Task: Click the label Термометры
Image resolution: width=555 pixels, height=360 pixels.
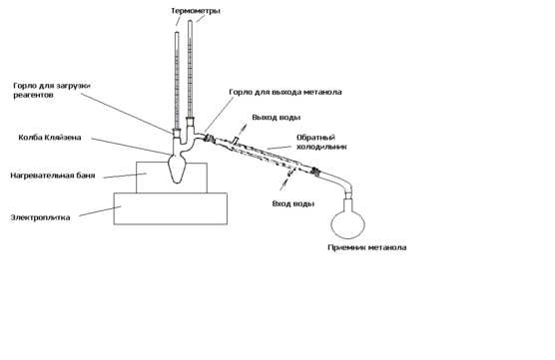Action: [196, 11]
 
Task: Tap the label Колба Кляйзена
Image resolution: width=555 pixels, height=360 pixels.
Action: [50, 138]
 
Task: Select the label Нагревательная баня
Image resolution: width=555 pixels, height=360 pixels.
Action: [53, 176]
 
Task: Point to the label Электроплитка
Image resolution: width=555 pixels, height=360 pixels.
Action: [40, 217]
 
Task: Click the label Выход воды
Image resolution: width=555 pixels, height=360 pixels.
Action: [277, 118]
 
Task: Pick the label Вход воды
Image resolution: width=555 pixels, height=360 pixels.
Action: [293, 204]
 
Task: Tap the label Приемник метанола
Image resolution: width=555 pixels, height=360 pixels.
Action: [367, 247]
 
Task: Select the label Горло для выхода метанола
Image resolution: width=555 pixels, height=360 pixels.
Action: [285, 92]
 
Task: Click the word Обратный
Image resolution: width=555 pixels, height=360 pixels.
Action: [315, 138]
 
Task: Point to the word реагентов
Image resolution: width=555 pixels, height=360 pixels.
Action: [33, 95]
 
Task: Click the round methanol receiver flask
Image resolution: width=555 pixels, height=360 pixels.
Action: [348, 221]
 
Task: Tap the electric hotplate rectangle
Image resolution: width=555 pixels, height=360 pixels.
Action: [171, 208]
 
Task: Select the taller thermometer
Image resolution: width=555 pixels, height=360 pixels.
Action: [190, 71]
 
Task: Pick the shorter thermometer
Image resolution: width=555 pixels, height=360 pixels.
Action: [177, 82]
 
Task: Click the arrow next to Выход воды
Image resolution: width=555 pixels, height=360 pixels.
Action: [243, 130]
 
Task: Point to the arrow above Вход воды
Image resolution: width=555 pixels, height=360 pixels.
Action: [284, 183]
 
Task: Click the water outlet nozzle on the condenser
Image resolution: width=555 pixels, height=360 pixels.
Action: [235, 141]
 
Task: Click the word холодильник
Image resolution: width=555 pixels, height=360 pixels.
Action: [321, 147]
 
